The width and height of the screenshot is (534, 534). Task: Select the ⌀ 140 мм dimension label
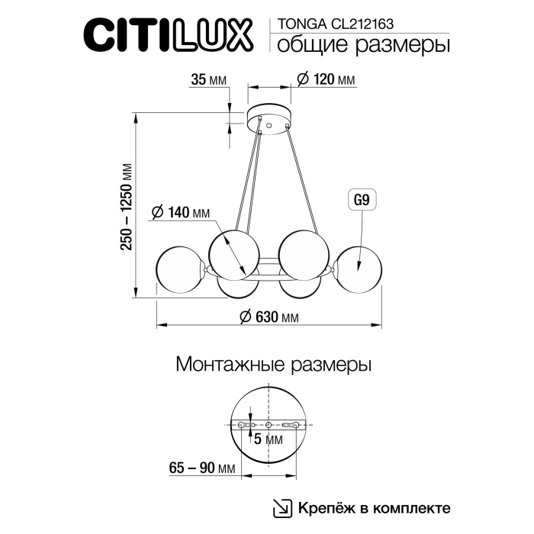click(x=180, y=213)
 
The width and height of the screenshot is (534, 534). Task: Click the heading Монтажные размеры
click(x=273, y=365)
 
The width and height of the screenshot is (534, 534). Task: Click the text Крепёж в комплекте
click(x=374, y=507)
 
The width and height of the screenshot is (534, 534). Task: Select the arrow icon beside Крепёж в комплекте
click(x=281, y=508)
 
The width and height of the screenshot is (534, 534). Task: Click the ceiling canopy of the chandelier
click(x=268, y=120)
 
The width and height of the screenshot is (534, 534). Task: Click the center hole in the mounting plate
click(x=268, y=425)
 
